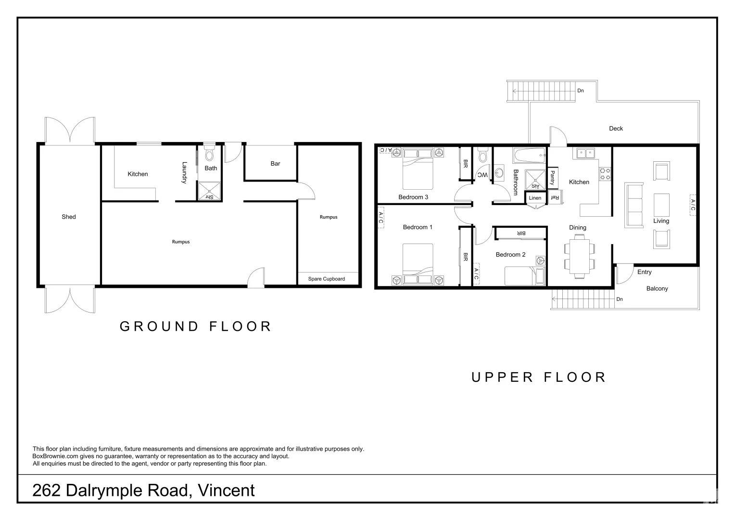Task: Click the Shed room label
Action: (69, 217)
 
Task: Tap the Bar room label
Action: (275, 164)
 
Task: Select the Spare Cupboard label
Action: (326, 279)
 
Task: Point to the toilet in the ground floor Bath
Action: (209, 153)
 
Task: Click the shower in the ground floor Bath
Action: (209, 191)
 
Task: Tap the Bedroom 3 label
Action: (413, 197)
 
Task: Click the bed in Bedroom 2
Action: (524, 276)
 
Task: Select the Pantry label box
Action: (552, 178)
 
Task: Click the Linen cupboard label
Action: (535, 198)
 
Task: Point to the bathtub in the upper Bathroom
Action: (529, 156)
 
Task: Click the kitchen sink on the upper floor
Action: (585, 154)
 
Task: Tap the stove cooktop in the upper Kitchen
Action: (605, 173)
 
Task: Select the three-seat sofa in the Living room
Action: (634, 205)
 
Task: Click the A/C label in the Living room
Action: (693, 205)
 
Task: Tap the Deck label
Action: (616, 129)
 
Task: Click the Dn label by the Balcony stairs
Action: (620, 299)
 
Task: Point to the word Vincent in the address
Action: (227, 490)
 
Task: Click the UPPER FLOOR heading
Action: (538, 377)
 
